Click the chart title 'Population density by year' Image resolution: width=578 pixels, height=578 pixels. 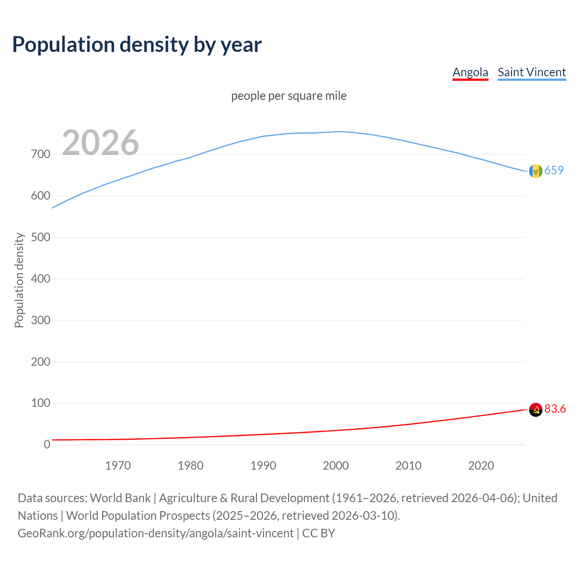[x=137, y=44]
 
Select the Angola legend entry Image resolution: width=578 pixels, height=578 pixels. [x=470, y=72]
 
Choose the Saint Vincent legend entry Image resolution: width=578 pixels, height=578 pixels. [x=531, y=72]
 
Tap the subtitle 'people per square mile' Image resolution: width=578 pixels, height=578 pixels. [x=289, y=96]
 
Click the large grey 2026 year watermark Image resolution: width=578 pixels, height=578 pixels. [x=100, y=143]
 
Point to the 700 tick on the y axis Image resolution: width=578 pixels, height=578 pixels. [x=41, y=154]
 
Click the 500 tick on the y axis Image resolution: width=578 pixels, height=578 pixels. [x=41, y=238]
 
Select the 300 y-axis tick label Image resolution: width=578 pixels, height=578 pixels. [x=41, y=320]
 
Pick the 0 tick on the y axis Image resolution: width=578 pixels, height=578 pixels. [x=47, y=445]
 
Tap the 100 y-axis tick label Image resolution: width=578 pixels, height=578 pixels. [x=41, y=403]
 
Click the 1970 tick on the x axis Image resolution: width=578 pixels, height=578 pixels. [x=118, y=466]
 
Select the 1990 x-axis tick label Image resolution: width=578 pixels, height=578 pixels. [x=263, y=466]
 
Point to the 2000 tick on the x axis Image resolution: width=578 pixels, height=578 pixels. [x=336, y=466]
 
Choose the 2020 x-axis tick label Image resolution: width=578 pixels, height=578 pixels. [x=481, y=466]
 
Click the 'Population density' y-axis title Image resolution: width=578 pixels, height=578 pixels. [x=19, y=280]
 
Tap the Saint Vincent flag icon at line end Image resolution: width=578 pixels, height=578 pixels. [x=536, y=171]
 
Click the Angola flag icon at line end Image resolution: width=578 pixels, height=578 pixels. [x=536, y=410]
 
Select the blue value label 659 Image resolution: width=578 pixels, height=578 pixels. [x=554, y=170]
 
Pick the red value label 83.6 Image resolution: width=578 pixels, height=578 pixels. [x=555, y=409]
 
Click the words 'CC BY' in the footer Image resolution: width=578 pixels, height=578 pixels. [x=319, y=533]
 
